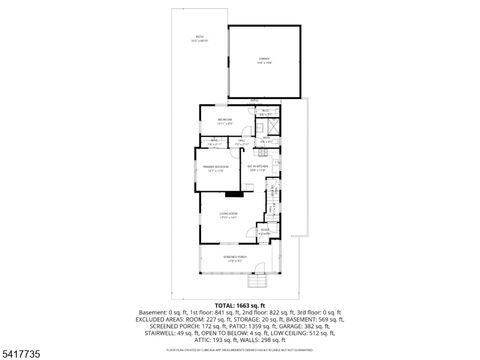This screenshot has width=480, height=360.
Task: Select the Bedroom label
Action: (225, 121)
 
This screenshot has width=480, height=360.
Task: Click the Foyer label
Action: (264, 232)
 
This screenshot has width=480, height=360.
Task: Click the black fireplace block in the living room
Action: (231, 193)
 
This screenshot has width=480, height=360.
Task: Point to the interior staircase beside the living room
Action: (271, 210)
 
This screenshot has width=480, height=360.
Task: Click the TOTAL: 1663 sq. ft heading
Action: (240, 303)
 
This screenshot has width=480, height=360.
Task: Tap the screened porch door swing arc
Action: (262, 269)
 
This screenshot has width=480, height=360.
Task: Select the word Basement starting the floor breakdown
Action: (151, 311)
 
